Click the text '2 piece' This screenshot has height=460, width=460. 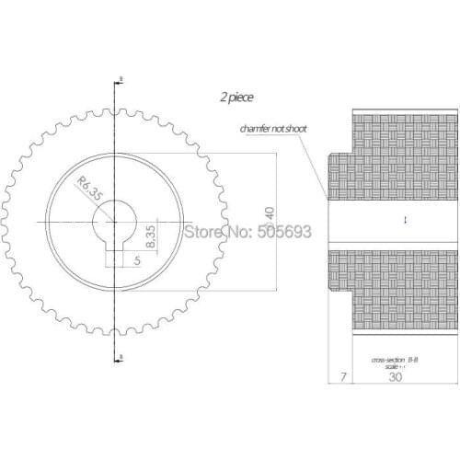(236, 97)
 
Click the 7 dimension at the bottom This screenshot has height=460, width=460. (341, 377)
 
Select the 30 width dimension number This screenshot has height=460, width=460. (396, 377)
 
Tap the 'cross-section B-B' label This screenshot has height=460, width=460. (395, 359)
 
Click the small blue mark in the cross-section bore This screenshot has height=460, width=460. (405, 219)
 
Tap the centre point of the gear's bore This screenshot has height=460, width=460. (119, 220)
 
